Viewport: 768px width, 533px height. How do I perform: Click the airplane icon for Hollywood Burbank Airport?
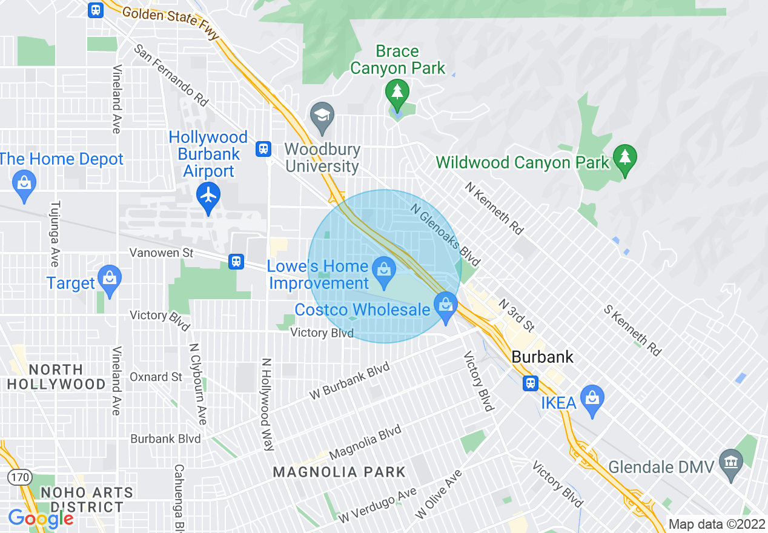(x=209, y=196)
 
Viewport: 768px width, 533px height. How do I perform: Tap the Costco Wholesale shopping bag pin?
(x=446, y=305)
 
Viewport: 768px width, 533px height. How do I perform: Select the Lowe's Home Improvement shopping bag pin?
(x=383, y=270)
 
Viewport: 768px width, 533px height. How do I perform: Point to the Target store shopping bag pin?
(x=109, y=278)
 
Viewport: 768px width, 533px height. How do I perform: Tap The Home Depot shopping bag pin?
(x=24, y=183)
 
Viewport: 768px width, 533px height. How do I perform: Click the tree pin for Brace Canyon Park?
(x=397, y=92)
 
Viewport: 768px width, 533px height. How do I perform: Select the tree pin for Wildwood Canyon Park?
(x=624, y=157)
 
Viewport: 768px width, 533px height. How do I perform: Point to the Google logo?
(x=40, y=518)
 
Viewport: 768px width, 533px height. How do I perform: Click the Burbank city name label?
(x=542, y=357)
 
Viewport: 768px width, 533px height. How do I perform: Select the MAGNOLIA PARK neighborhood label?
(x=339, y=472)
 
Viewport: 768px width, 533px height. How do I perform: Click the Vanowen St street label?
(x=162, y=253)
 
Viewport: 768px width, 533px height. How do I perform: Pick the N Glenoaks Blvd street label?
(x=445, y=234)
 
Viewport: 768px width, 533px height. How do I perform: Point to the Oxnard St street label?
(x=156, y=377)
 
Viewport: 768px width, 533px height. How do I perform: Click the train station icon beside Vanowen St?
(x=236, y=261)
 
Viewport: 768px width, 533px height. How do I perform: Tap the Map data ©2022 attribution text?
(x=717, y=525)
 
